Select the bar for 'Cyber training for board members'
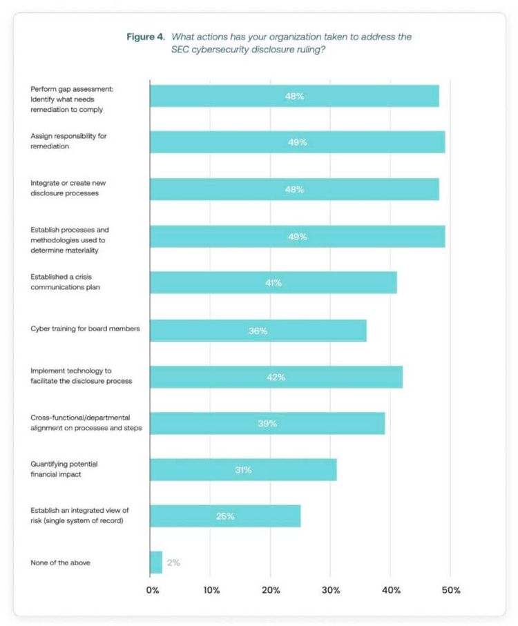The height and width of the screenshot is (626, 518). (258, 331)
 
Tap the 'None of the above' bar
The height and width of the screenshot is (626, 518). (156, 563)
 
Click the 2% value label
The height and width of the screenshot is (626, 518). (173, 563)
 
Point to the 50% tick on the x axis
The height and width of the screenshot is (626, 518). (450, 590)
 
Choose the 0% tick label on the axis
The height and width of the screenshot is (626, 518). (152, 590)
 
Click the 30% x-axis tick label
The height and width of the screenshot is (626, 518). (330, 590)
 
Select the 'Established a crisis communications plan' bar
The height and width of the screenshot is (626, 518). (273, 283)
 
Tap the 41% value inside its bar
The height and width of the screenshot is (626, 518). (273, 283)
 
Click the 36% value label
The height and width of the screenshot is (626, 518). (258, 331)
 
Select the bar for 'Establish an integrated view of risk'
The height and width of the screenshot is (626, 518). (225, 516)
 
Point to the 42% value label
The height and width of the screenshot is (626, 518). (276, 377)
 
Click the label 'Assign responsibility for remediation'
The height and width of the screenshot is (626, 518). (68, 141)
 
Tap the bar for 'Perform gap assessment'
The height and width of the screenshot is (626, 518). (294, 96)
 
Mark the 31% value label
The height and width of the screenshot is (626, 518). (242, 470)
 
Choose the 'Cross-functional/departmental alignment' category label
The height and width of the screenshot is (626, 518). (86, 423)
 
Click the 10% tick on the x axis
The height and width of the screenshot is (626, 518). (211, 590)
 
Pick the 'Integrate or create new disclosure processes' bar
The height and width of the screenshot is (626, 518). (294, 189)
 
